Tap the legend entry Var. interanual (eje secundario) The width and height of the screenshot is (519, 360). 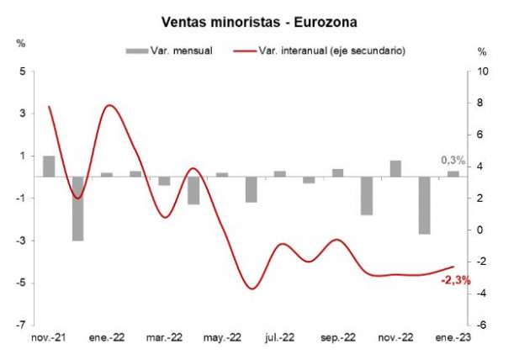pos(331,50)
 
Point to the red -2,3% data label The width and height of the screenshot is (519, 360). pos(456,280)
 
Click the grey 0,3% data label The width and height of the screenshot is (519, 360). pos(453,160)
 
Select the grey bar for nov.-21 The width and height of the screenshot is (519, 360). pos(49,167)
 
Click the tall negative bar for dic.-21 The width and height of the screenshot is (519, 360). pos(77,209)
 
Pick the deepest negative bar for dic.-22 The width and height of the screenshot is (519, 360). pos(424,205)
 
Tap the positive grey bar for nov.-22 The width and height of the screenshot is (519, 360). pos(395,168)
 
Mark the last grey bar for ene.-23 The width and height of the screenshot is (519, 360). pos(453,174)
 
